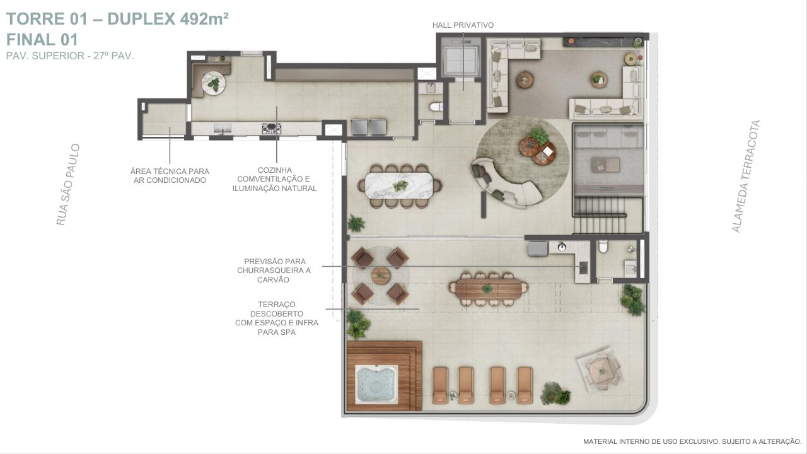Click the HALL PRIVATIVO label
(x=463, y=25)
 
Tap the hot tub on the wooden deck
(x=376, y=384)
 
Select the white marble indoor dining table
(x=400, y=185)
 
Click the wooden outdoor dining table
(x=488, y=289)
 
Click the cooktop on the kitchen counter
(x=271, y=128)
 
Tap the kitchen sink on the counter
(x=223, y=128)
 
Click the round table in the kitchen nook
(x=213, y=83)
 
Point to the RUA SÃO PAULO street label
(x=68, y=185)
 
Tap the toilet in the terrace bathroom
(x=603, y=247)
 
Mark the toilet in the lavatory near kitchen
(x=436, y=107)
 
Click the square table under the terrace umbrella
(x=600, y=370)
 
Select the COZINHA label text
(x=274, y=170)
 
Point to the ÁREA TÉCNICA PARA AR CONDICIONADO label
(x=170, y=175)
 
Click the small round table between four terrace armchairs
(x=380, y=276)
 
